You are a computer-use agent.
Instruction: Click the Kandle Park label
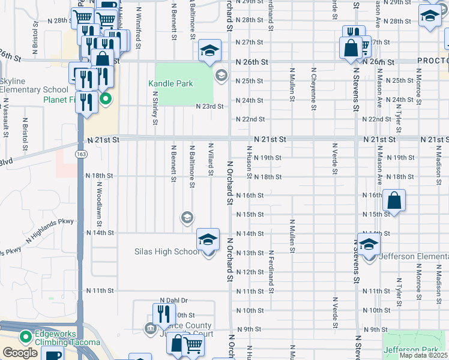tap(170, 83)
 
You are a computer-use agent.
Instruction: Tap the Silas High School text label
tap(166, 251)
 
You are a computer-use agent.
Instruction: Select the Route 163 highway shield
tap(80, 154)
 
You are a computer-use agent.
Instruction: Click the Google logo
tap(20, 353)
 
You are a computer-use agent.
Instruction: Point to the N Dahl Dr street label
tap(173, 300)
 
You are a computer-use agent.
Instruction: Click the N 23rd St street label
tap(210, 106)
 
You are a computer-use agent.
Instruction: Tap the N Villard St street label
tap(211, 160)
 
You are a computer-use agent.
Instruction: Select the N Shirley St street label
tap(155, 108)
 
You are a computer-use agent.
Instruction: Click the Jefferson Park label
tap(415, 349)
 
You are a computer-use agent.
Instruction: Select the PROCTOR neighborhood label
tap(433, 62)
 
